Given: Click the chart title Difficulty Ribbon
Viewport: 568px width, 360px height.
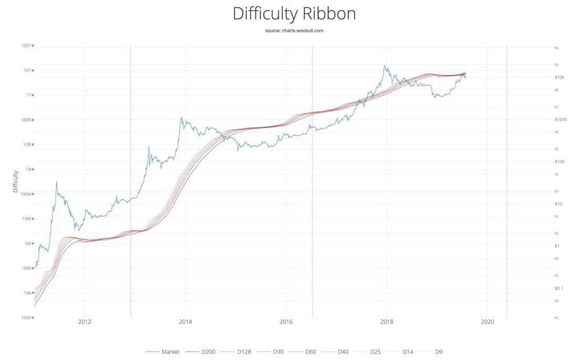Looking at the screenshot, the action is coord(294,14).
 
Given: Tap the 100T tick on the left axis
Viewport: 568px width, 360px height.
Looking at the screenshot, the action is coord(26,46).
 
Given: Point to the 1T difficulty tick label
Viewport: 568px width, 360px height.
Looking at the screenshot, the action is coord(28,95).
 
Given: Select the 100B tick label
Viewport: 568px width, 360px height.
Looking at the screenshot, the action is coord(26,119).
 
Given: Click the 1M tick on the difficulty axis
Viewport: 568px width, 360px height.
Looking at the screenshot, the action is coord(27,244).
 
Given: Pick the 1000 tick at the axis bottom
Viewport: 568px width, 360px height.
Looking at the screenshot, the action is coord(26,317).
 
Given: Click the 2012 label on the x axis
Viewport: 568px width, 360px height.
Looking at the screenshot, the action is coord(85,322).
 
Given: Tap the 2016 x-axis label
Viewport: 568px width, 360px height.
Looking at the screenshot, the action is coord(286,322).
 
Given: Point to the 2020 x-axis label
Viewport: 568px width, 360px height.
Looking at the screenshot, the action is coord(487,322).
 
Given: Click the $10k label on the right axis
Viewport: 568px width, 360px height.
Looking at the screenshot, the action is coord(559,77).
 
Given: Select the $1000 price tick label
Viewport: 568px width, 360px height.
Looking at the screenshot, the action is coord(561,119).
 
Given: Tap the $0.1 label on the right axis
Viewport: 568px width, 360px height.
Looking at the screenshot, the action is coord(558,288).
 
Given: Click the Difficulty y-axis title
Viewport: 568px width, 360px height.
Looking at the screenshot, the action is coord(15,181).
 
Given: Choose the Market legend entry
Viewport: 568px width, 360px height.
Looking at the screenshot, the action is coord(163,352).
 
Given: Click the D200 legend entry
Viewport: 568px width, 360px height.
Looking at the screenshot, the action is coord(200,352).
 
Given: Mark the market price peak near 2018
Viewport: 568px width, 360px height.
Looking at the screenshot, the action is coord(384,66).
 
